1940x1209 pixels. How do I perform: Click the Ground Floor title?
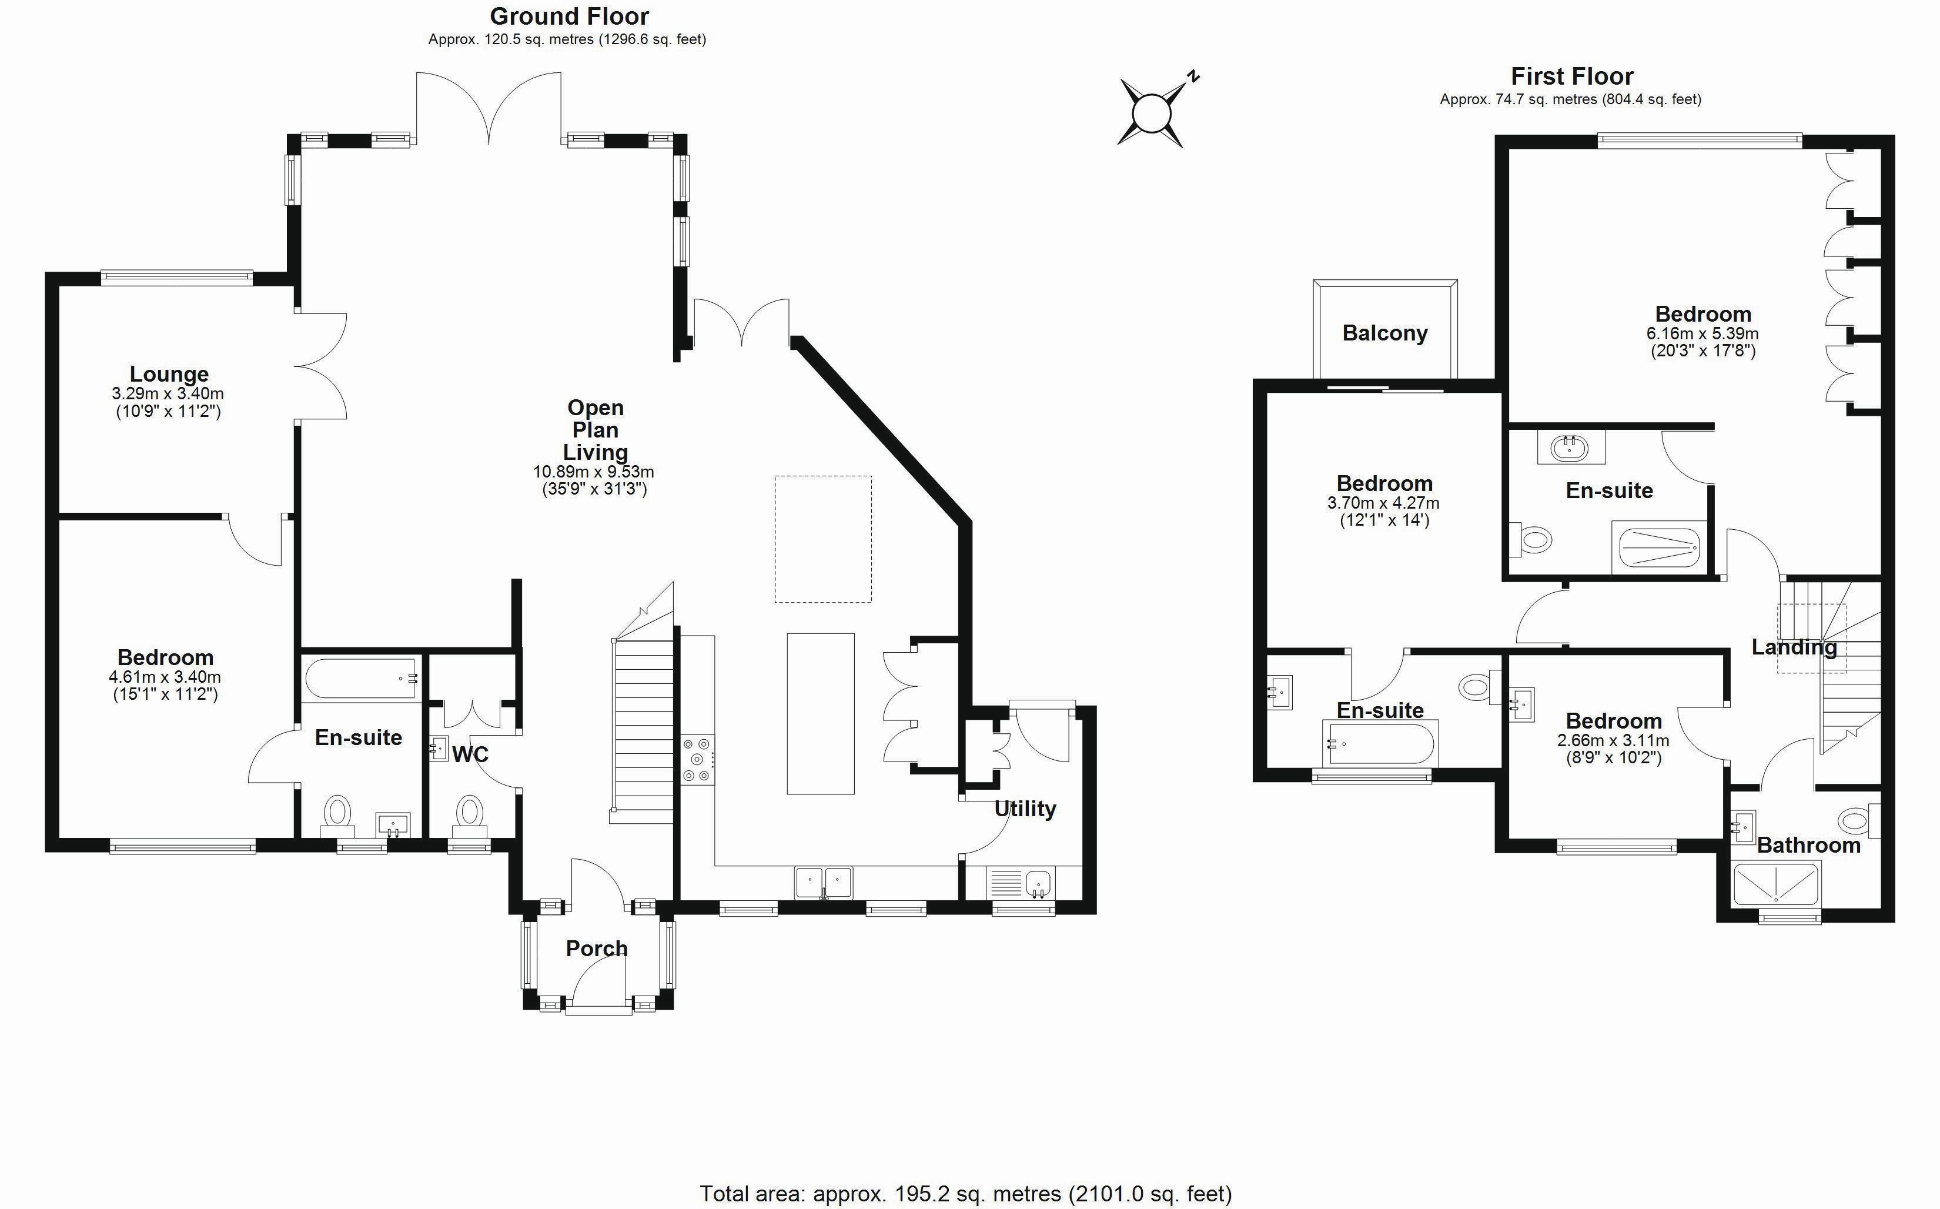point(569,16)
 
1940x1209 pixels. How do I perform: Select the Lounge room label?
point(169,374)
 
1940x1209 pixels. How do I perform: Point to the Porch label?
point(596,949)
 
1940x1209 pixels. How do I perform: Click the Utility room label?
point(1025,809)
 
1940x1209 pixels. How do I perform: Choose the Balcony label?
point(1384,333)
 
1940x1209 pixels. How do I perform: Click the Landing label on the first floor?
point(1794,647)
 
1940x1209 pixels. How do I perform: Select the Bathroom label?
point(1808,845)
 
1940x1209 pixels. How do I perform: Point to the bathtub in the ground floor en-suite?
point(360,679)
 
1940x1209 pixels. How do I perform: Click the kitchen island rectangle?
point(820,713)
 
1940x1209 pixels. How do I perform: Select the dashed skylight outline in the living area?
point(822,539)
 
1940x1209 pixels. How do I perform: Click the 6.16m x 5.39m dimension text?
point(1702,333)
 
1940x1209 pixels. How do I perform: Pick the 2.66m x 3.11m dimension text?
point(1613,740)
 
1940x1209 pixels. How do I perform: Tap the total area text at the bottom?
point(966,1194)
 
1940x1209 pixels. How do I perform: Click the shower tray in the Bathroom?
point(1775,885)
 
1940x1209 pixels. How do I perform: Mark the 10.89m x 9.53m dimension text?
point(593,472)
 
